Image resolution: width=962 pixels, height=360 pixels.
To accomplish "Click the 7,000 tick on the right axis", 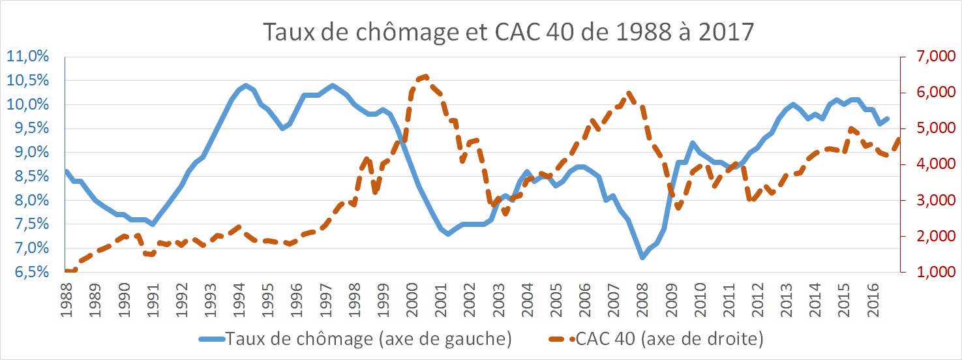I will click(925, 57).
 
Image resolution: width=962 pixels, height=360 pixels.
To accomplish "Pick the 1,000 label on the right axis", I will click(925, 273).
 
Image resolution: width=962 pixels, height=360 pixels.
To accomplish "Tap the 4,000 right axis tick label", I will click(925, 165).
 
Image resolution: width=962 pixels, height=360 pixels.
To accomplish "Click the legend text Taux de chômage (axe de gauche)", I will click(368, 339).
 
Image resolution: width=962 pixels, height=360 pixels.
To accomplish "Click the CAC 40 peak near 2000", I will click(425, 76).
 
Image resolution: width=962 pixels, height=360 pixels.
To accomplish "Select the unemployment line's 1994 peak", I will click(245, 85).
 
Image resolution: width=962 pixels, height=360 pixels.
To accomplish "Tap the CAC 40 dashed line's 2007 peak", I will click(629, 93).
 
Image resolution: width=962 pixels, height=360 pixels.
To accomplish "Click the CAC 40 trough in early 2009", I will click(678, 208).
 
